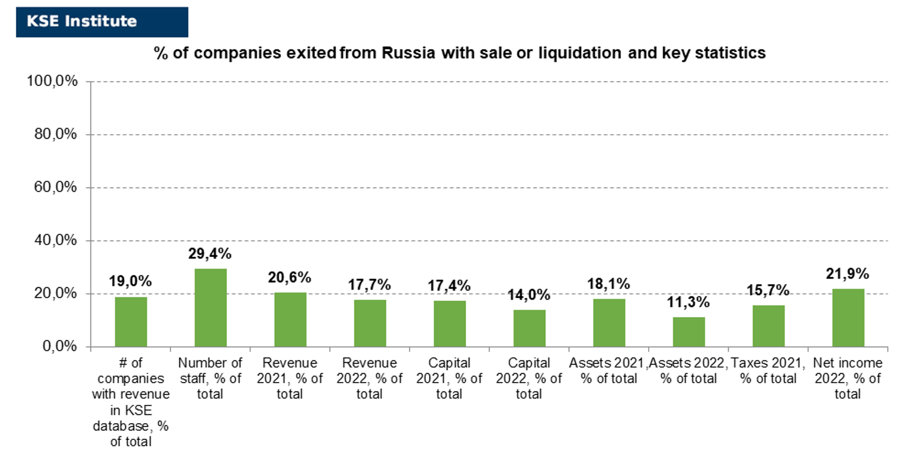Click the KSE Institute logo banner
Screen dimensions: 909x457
point(102,22)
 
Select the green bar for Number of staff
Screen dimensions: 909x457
point(211,308)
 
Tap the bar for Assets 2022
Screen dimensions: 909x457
point(689,332)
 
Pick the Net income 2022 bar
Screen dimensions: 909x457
point(848,318)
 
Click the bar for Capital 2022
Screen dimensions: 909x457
point(529,328)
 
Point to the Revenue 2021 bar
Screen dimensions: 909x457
point(291,320)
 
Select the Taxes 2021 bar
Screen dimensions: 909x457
point(769,327)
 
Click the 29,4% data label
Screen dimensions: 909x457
point(210,254)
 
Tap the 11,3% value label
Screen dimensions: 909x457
point(688,302)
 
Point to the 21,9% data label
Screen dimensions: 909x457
point(847,274)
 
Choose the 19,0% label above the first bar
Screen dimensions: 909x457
point(130,281)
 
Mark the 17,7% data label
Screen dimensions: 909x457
point(369,285)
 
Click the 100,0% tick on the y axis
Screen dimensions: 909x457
point(52,81)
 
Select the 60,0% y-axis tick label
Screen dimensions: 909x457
point(55,187)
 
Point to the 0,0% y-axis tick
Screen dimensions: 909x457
point(59,346)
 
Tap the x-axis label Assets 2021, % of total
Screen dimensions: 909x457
point(608,370)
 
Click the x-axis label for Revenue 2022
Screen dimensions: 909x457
point(369,378)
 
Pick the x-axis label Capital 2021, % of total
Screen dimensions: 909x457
point(449,378)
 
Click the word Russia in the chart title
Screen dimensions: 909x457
point(408,53)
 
